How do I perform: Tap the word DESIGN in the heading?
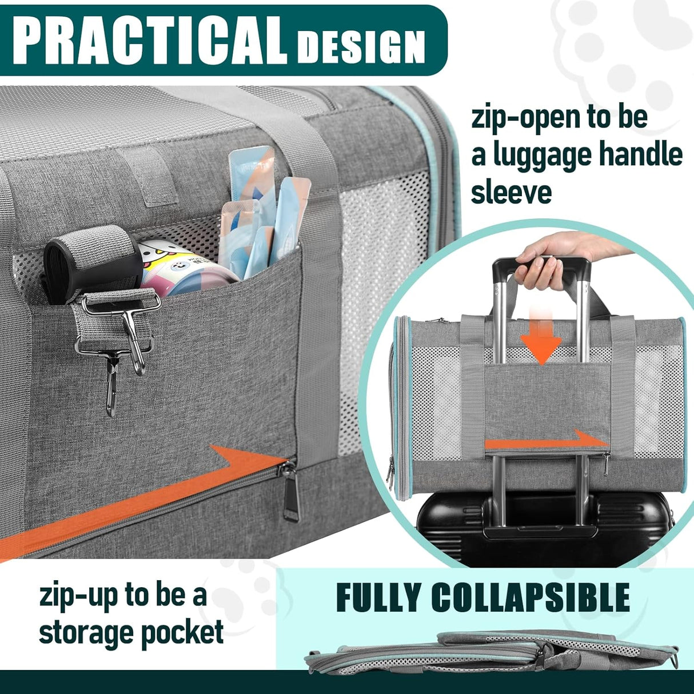pos(362,46)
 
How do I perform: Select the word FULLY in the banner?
pos(378,598)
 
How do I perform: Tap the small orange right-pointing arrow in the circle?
pos(546,441)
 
